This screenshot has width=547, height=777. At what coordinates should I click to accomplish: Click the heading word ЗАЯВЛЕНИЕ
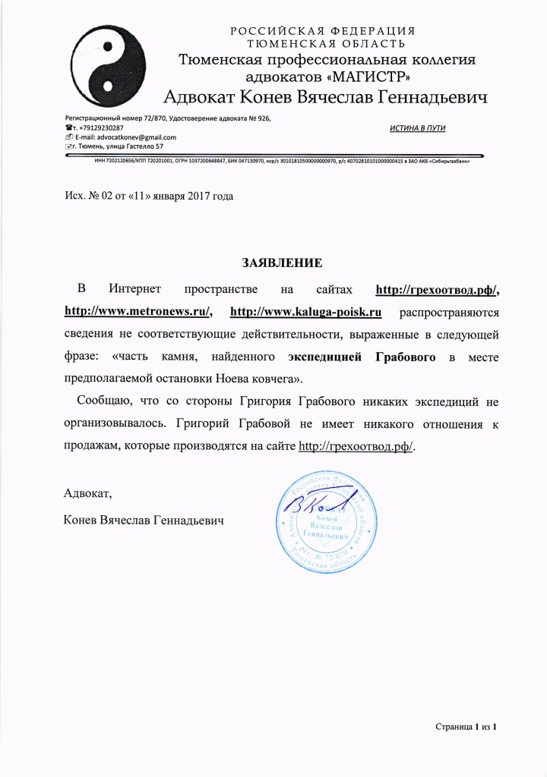click(282, 263)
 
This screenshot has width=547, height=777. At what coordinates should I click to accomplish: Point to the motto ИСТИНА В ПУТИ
click(416, 127)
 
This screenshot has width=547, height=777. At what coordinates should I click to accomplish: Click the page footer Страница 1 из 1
click(466, 727)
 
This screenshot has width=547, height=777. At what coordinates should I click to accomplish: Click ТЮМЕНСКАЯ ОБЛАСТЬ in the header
click(327, 43)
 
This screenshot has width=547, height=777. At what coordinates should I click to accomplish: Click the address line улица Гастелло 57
click(122, 146)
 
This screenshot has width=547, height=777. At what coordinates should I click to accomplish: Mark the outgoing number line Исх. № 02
click(148, 196)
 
